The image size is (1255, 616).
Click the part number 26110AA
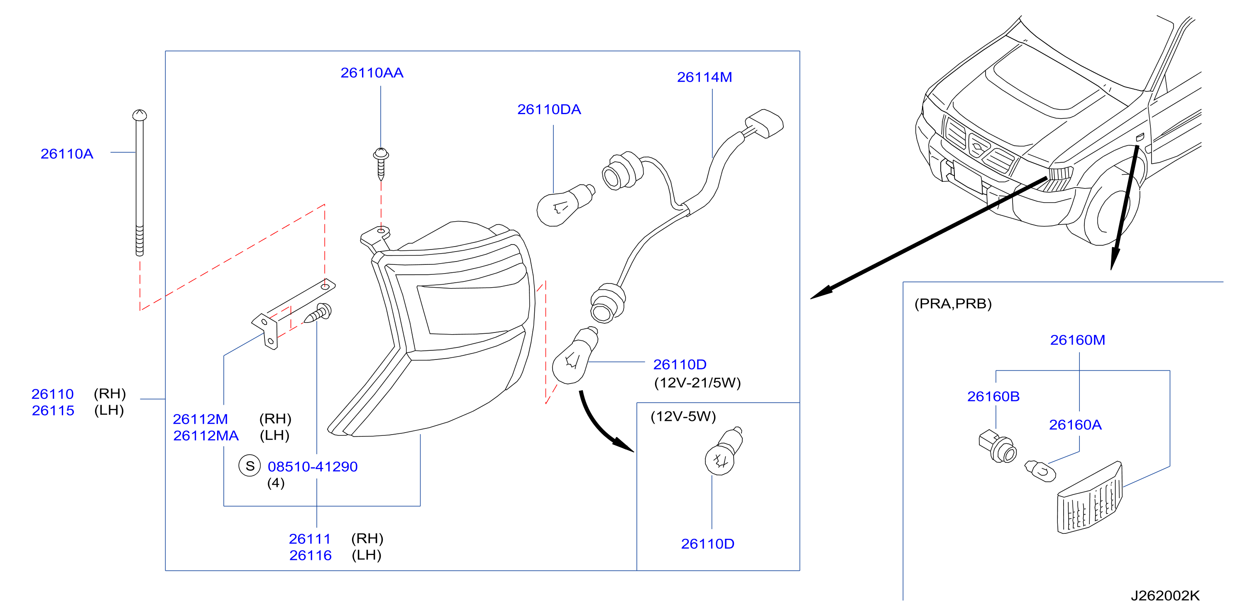click(x=372, y=73)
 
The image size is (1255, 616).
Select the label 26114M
click(x=705, y=77)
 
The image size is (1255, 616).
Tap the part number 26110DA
click(x=549, y=110)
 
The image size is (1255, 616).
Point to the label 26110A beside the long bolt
click(x=67, y=154)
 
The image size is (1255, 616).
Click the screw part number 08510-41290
click(x=313, y=467)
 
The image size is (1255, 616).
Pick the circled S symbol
click(x=250, y=466)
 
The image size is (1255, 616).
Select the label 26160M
click(x=1078, y=340)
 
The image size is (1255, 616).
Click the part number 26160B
click(x=993, y=396)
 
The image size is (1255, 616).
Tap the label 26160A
click(x=1075, y=425)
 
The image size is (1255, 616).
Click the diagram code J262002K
click(x=1165, y=596)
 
